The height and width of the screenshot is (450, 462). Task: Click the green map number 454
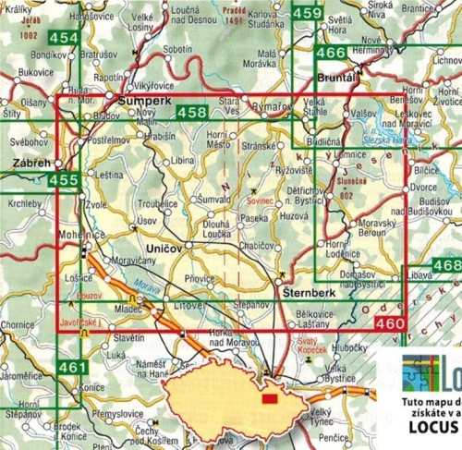point(64,38)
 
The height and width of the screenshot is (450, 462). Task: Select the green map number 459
point(307,13)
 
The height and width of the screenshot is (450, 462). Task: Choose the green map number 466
point(330,54)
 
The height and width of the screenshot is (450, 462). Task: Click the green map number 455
point(64,179)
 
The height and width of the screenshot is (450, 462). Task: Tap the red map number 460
point(390,323)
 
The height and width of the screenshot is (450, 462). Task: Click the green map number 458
point(191,113)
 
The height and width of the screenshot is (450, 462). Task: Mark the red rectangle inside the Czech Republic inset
point(269,399)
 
